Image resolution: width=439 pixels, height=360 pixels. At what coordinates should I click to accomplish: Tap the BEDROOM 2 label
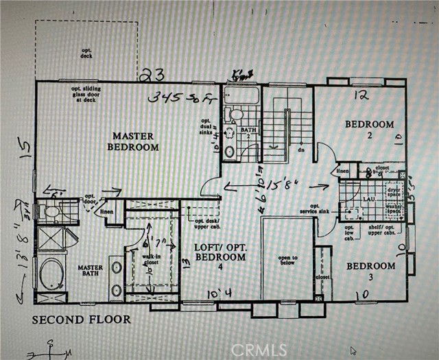[369, 130]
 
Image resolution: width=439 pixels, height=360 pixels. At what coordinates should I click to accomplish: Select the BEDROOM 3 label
[370, 271]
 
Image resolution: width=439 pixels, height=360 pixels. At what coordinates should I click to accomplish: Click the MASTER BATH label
[90, 272]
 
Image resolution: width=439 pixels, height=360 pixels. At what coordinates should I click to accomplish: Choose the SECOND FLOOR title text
[81, 320]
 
